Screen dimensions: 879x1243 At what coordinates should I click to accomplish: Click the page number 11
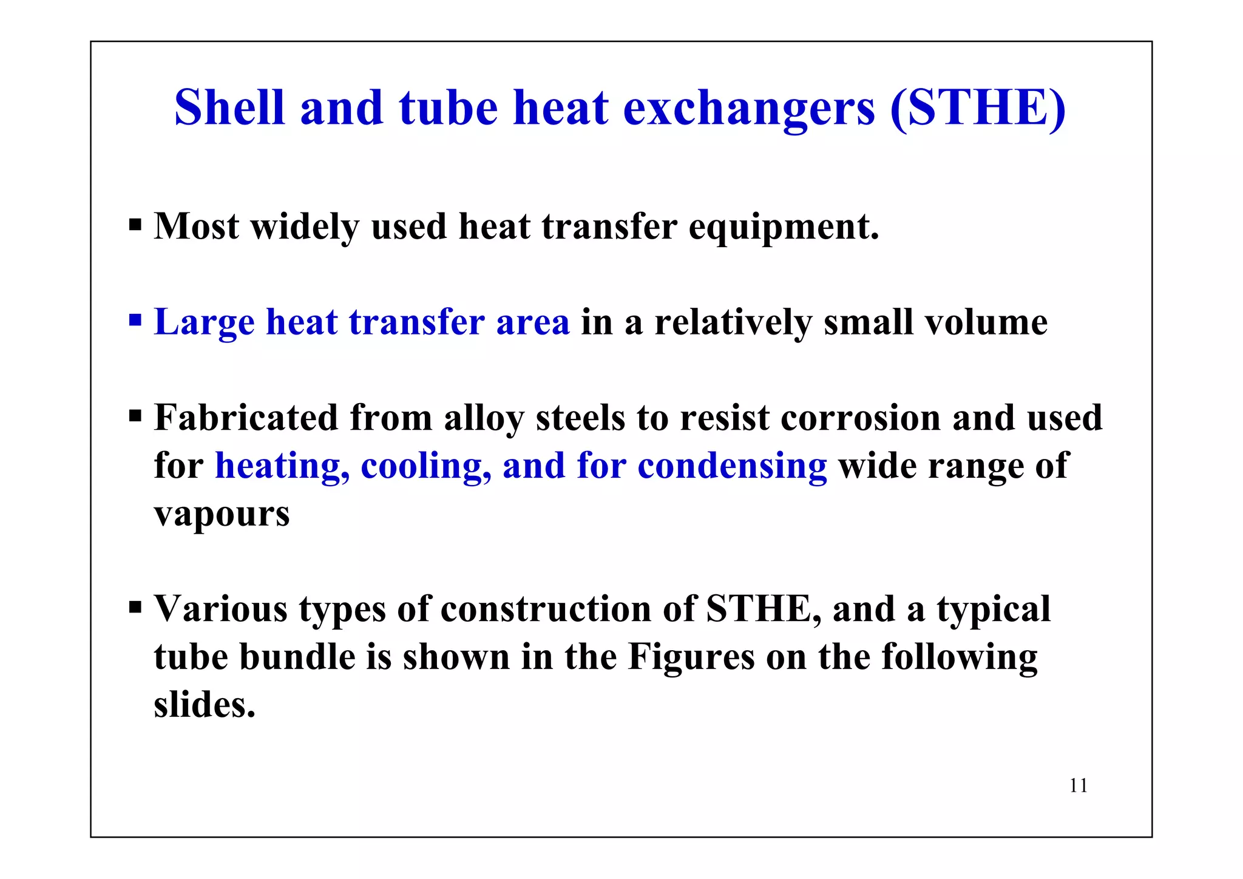pos(1079,786)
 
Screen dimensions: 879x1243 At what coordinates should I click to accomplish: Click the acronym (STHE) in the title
pos(977,108)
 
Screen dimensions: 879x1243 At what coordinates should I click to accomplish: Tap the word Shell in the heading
pos(229,107)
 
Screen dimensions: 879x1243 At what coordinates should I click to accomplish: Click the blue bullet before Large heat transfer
pos(135,319)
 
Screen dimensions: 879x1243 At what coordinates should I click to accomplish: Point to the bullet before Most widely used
pos(135,226)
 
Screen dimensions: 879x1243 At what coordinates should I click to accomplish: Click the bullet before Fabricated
pos(135,416)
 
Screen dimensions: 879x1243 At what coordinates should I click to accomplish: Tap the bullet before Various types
pos(135,607)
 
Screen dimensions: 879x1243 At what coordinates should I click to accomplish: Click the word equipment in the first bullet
pos(783,227)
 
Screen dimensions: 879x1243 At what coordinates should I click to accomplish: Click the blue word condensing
pos(732,466)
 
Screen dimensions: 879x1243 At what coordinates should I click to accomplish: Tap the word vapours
pos(222,515)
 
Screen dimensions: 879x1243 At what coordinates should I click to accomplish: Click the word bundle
pos(297,657)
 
